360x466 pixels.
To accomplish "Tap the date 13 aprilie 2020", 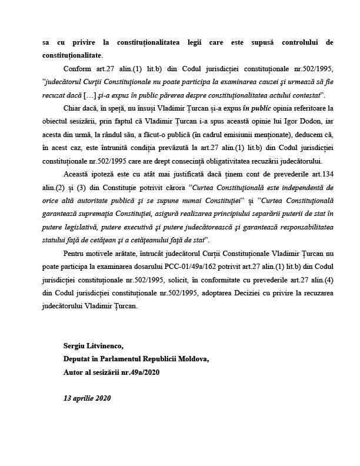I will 86,398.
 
